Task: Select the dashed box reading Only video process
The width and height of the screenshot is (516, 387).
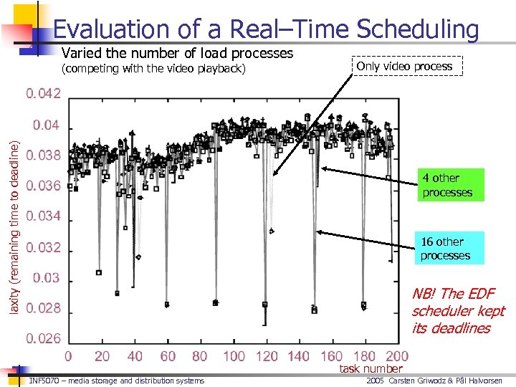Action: (x=404, y=66)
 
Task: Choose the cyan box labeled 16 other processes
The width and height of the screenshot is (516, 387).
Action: (x=445, y=249)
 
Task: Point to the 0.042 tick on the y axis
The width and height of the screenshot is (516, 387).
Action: (x=44, y=94)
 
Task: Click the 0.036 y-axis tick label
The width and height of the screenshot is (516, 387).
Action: (x=44, y=186)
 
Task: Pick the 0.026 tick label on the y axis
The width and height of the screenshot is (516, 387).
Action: (x=44, y=338)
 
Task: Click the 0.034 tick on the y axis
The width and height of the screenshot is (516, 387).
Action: (x=44, y=216)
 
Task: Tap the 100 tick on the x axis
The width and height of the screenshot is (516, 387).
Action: (x=234, y=356)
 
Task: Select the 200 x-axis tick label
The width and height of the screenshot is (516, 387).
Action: (x=396, y=356)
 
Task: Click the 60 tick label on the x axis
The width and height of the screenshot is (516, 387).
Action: (x=168, y=356)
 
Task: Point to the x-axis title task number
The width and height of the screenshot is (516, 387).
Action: (x=371, y=368)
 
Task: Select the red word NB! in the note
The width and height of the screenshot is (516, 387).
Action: (x=424, y=294)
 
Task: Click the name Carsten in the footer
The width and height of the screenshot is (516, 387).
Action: (x=403, y=381)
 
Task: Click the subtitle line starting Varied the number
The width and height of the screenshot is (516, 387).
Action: (x=178, y=53)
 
